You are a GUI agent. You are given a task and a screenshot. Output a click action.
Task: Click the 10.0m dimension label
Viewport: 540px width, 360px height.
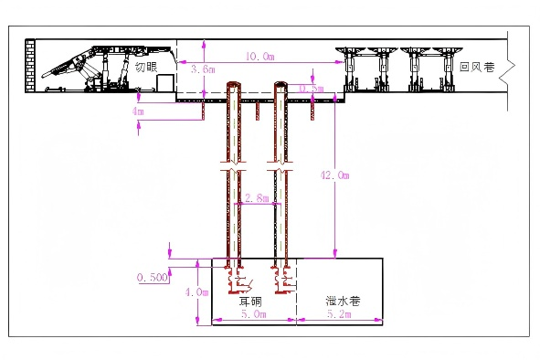pos(259,57)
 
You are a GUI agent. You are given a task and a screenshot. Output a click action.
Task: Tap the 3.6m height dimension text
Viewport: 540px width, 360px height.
pos(203,69)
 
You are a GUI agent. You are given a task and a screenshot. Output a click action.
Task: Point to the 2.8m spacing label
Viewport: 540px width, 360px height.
pos(258,197)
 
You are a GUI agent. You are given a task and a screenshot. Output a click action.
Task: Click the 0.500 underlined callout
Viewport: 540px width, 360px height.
pos(152,277)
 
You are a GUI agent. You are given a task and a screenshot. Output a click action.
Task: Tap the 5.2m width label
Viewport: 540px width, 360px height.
pos(339,314)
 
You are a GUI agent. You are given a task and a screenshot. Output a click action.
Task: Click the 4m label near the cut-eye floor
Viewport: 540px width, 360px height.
pos(139,111)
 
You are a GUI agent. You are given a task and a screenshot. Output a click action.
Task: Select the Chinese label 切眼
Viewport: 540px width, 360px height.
pos(146,67)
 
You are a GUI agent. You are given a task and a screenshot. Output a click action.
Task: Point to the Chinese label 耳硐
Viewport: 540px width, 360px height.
pos(250,300)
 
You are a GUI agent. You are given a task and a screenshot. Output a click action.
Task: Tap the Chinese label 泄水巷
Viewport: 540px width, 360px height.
pos(340,300)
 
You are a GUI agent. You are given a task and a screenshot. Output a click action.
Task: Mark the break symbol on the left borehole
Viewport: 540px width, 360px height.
pos(232,170)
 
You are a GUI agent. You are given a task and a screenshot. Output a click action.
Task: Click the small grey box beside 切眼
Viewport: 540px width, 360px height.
pos(165,83)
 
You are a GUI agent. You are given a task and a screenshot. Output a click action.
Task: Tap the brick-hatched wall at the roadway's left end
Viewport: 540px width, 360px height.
pos(30,69)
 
